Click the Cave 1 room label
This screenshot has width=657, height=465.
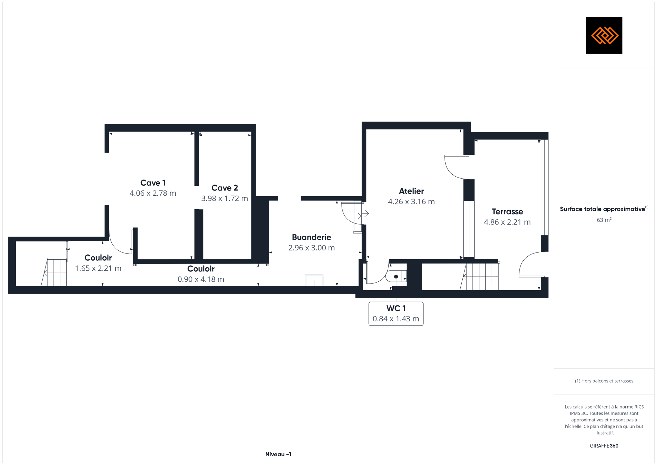click(x=153, y=183)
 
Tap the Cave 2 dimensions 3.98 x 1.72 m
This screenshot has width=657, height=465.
click(x=224, y=198)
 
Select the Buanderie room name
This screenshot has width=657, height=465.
click(x=311, y=237)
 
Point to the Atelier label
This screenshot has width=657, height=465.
click(x=411, y=191)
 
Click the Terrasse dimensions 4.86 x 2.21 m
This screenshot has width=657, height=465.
click(x=507, y=222)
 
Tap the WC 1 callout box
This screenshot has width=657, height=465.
click(x=396, y=314)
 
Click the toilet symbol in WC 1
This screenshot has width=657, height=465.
click(x=396, y=276)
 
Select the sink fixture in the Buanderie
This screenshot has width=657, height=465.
click(x=314, y=280)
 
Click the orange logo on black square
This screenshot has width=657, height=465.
click(x=604, y=36)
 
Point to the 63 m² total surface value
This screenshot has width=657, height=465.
click(x=604, y=220)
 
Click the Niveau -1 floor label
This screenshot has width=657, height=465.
click(x=278, y=454)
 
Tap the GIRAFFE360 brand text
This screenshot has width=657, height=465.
click(x=604, y=446)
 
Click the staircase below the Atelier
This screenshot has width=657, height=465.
click(x=479, y=276)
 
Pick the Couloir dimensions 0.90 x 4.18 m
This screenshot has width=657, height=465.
click(x=201, y=279)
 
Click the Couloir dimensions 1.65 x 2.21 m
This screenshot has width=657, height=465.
click(x=98, y=268)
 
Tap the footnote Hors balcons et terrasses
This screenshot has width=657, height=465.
click(x=604, y=381)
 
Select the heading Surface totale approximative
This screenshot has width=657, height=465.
click(x=602, y=209)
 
